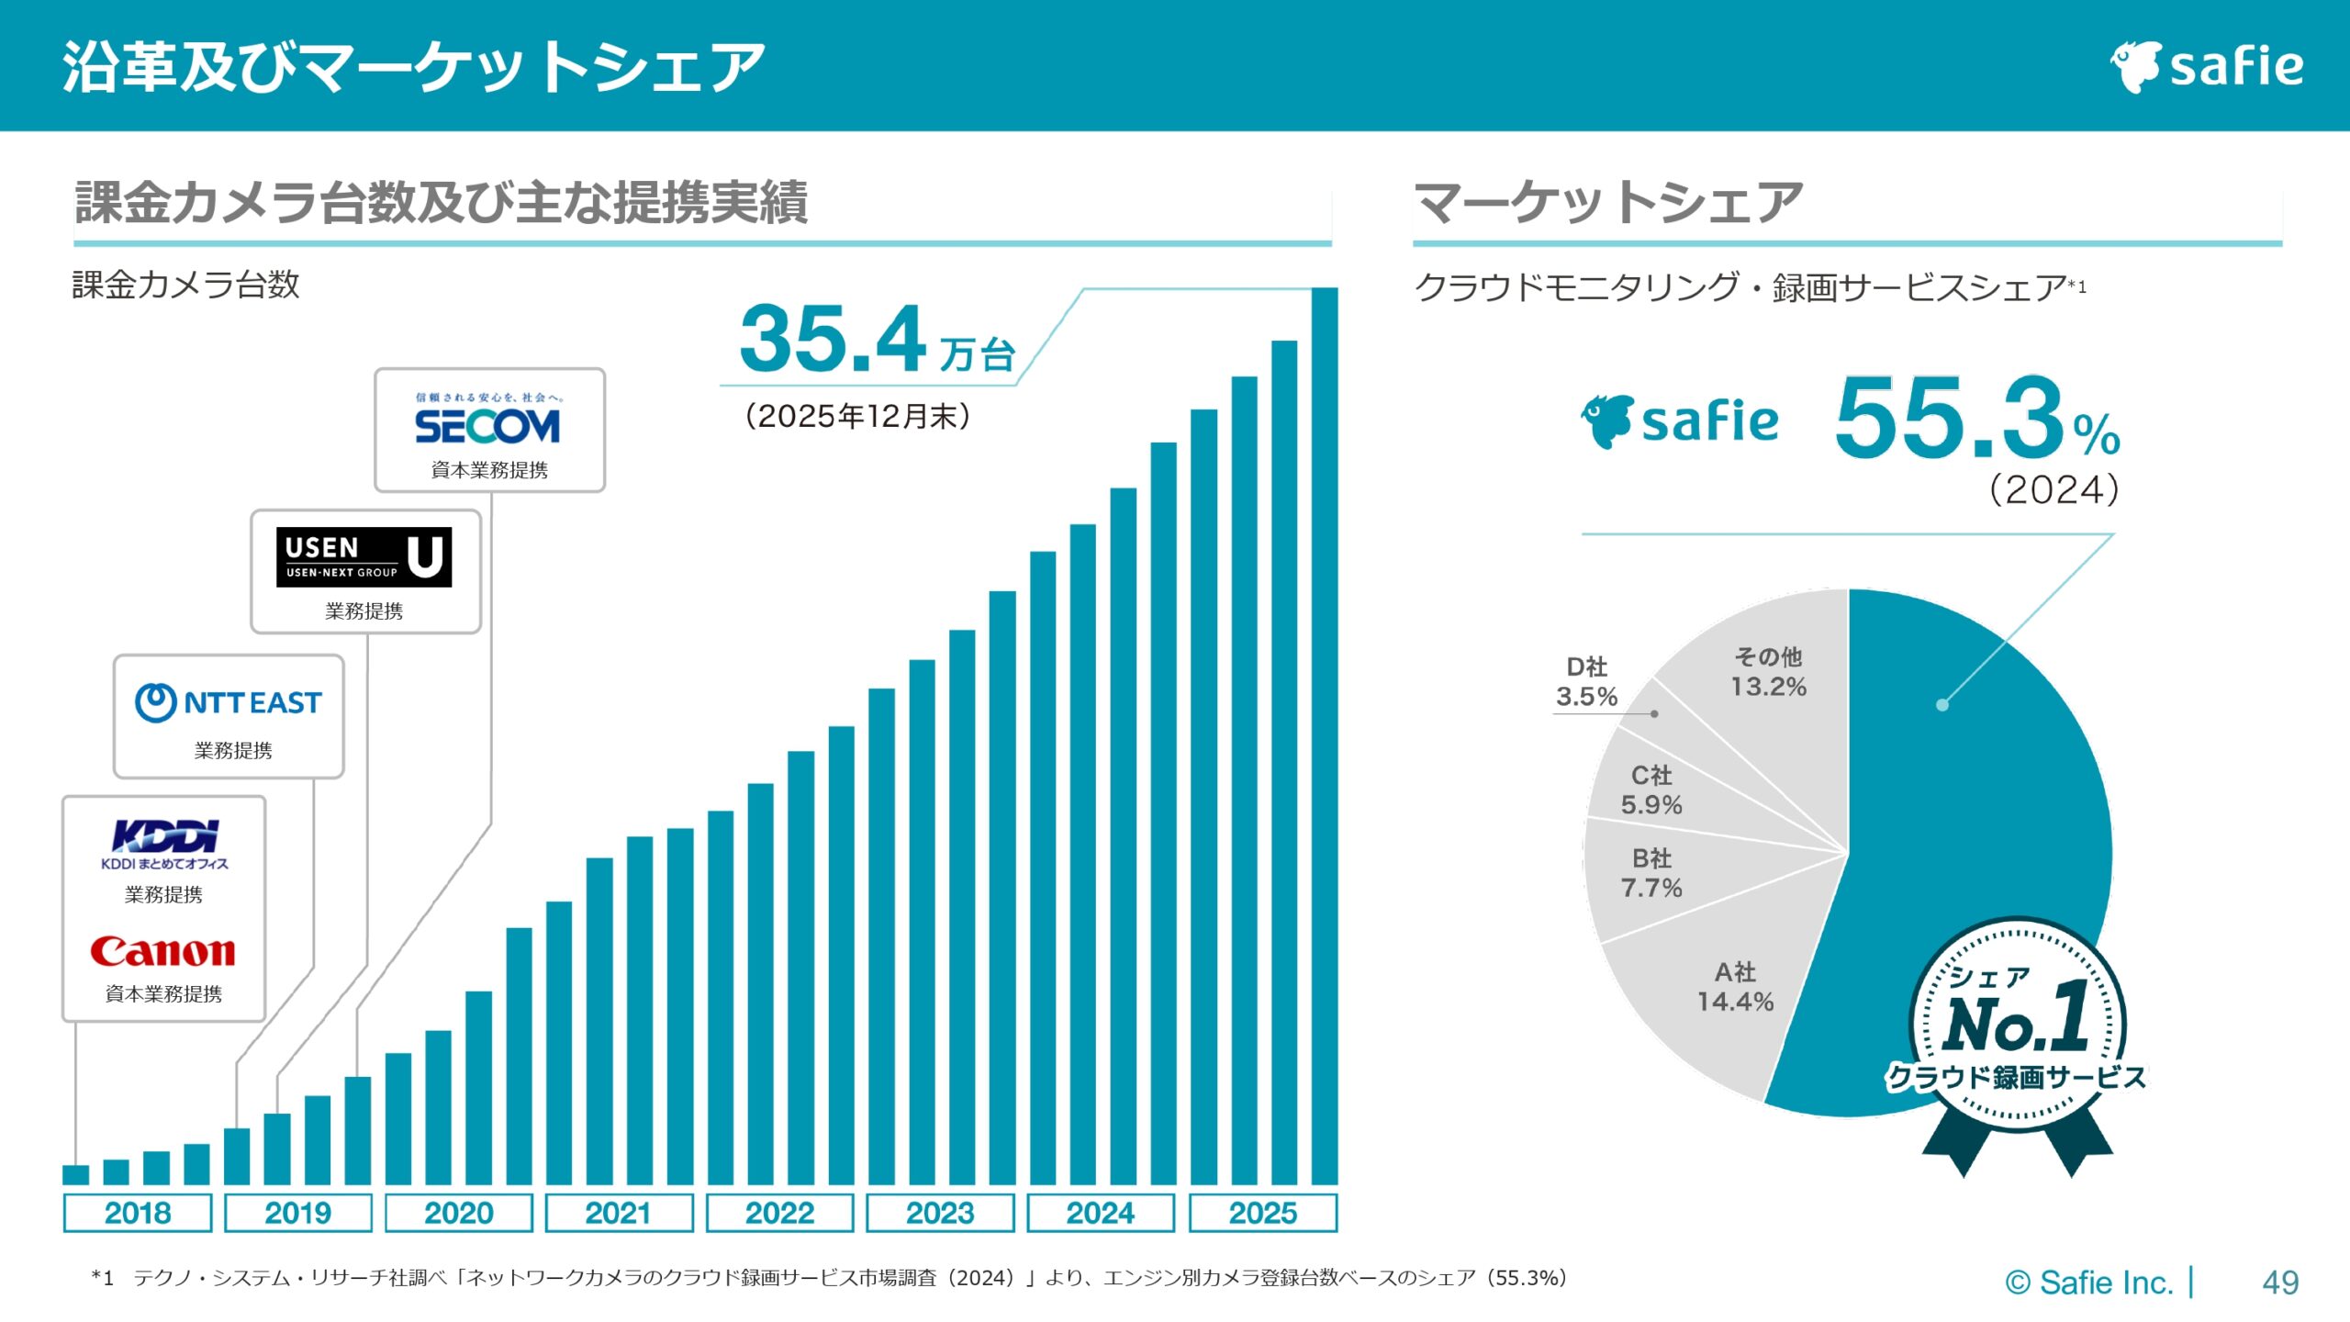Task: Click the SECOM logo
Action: tap(487, 426)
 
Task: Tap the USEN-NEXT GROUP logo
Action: tap(364, 557)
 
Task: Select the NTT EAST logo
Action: tap(229, 703)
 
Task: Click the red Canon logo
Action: tap(163, 952)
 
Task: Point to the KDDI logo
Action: tap(165, 836)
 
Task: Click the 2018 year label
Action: tap(138, 1214)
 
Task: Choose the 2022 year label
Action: tap(779, 1214)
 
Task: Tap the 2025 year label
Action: tap(1263, 1214)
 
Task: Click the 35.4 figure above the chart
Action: tap(833, 340)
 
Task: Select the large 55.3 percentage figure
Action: tap(1950, 419)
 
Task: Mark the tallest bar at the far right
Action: tap(1325, 734)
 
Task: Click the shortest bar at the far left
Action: tap(75, 1175)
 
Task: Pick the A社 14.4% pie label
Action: tap(1735, 987)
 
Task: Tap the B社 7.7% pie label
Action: tap(1651, 873)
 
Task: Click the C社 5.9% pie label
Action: tap(1651, 790)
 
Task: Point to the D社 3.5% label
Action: tap(1586, 682)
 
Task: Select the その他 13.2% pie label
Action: tap(1768, 672)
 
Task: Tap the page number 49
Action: tap(2280, 1283)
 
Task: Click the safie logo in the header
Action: tap(2207, 66)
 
